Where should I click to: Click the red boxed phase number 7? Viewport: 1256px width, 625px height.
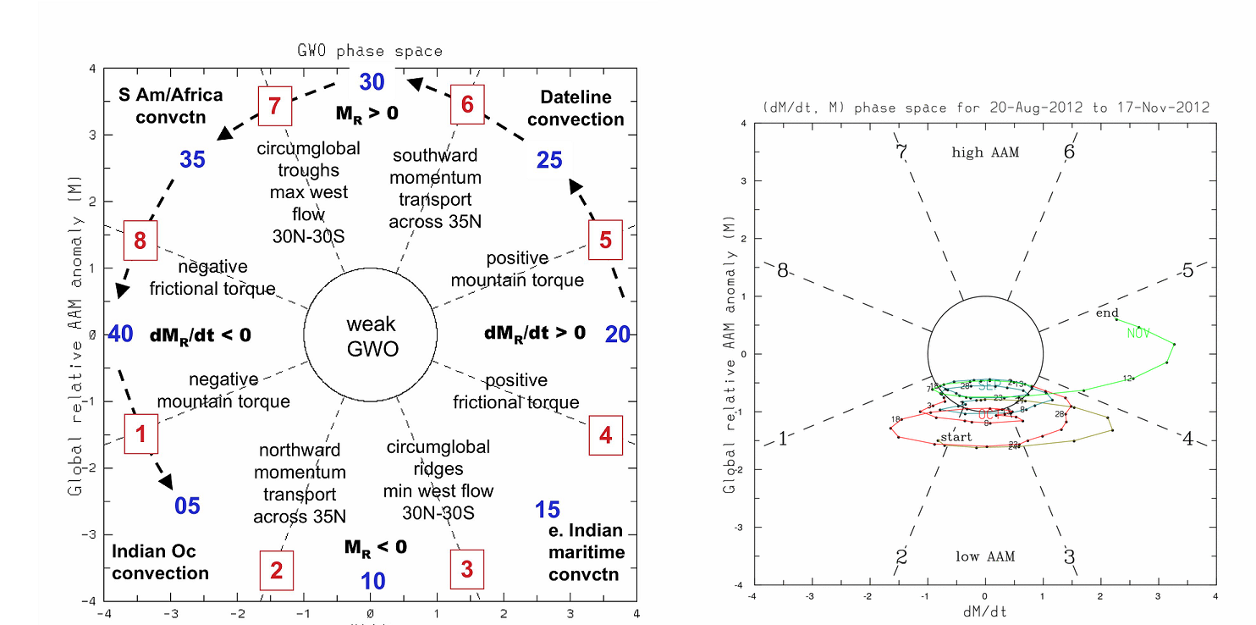tap(274, 107)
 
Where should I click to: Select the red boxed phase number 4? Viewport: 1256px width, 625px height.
tap(605, 435)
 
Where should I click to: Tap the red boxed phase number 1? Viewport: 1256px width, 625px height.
tap(141, 435)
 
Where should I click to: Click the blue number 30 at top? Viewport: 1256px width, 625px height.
tap(372, 82)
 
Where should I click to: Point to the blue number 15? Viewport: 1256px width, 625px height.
tap(548, 510)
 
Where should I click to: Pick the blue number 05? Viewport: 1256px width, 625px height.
tap(187, 506)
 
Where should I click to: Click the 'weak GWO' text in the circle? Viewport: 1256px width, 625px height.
tap(371, 336)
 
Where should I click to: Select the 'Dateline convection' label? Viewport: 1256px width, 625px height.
tap(576, 108)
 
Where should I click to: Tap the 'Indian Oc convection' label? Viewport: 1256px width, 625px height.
tap(160, 562)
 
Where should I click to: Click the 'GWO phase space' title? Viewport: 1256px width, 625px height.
tap(370, 51)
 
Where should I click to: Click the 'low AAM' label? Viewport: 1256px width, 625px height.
tap(985, 556)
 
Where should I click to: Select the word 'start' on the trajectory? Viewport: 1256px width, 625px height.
tap(956, 437)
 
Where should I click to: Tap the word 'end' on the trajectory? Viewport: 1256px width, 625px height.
tap(1107, 313)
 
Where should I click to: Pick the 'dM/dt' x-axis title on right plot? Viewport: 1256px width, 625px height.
tap(985, 610)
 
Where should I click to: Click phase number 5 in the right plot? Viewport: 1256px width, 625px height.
tap(1187, 271)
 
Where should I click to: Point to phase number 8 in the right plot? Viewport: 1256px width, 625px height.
tap(783, 271)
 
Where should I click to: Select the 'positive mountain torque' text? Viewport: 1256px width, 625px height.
tap(517, 268)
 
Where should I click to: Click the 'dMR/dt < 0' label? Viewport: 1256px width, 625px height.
tap(201, 335)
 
